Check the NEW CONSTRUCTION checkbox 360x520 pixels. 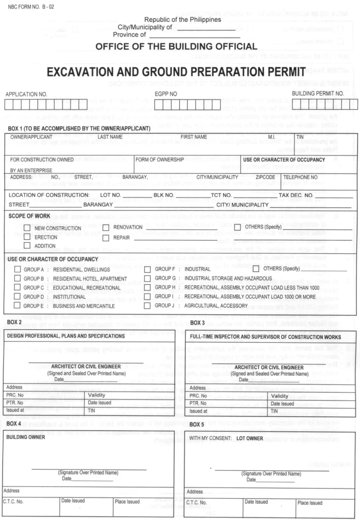(27, 228)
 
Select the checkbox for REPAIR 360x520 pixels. (106, 237)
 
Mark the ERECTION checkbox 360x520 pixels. (27, 237)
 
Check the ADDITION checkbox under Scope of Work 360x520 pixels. (27, 246)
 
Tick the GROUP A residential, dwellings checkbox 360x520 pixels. (17, 269)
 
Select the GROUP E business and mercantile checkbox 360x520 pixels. (17, 306)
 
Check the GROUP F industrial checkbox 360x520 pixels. (147, 269)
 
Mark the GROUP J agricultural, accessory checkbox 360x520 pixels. (147, 306)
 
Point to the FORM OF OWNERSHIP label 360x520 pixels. (160, 159)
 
